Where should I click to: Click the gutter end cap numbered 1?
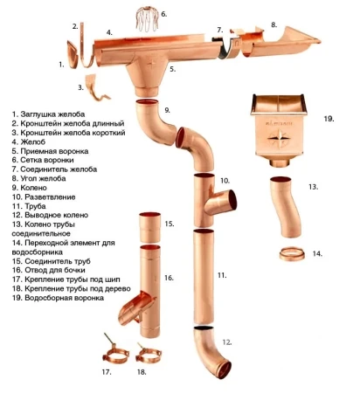[x=73, y=55]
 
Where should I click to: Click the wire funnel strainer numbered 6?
[x=147, y=19]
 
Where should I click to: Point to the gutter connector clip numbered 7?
[x=229, y=46]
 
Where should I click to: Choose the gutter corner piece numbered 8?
[x=280, y=42]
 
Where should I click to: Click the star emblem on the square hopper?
[x=279, y=138]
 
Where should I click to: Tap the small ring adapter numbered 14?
[x=292, y=254]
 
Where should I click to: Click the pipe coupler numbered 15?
[x=149, y=227]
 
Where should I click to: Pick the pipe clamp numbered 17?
[x=115, y=353]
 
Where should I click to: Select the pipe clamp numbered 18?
[x=149, y=354]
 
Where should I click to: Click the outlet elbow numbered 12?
[x=211, y=353]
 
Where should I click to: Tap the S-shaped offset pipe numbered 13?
[x=284, y=206]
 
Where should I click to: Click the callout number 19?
[x=329, y=119]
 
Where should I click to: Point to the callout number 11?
[x=222, y=275]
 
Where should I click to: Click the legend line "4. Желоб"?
[x=29, y=142]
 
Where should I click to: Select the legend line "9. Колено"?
[x=30, y=188]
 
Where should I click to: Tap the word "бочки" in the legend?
[x=75, y=270]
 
